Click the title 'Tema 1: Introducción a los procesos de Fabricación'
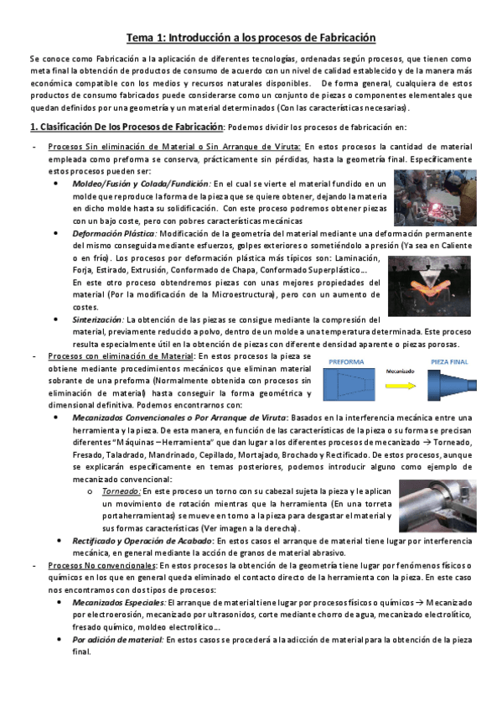click(251, 38)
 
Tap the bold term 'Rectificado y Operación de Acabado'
click(141, 541)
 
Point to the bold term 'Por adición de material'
click(117, 639)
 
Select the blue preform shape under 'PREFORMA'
click(345, 387)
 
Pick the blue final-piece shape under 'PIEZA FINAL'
click(451, 387)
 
